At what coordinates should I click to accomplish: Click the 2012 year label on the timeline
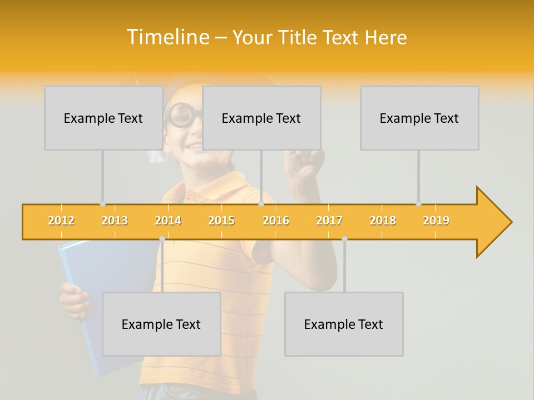(61, 221)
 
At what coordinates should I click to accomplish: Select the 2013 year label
(115, 221)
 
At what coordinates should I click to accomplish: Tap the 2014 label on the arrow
(168, 221)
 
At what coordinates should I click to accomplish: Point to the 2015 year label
(221, 221)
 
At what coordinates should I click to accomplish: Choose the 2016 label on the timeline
(276, 221)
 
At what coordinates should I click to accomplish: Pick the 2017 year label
(329, 221)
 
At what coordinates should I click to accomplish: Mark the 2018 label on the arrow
(383, 221)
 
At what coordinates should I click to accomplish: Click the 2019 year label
(436, 221)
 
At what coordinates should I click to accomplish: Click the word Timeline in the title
(167, 37)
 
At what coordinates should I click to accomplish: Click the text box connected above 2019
(419, 118)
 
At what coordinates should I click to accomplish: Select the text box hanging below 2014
(161, 324)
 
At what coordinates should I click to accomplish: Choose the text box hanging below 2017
(344, 324)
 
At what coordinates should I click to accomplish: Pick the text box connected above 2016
(261, 118)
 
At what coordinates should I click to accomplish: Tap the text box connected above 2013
(103, 118)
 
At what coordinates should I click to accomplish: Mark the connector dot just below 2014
(162, 238)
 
